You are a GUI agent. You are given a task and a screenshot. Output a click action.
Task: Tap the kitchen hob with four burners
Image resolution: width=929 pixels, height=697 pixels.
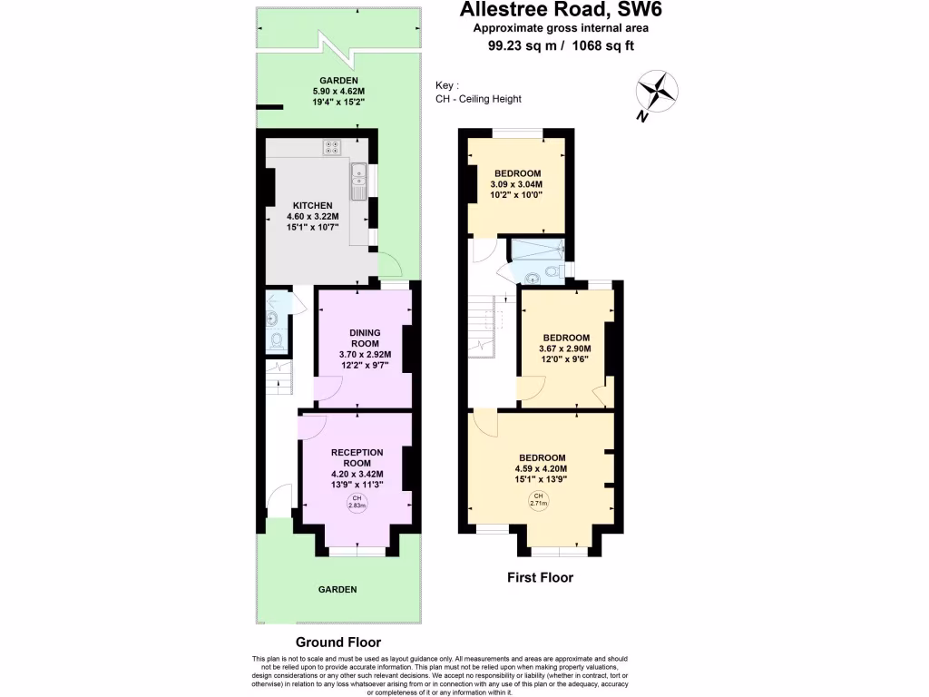click(x=331, y=147)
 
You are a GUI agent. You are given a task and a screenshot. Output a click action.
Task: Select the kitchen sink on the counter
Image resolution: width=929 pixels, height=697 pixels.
click(x=359, y=182)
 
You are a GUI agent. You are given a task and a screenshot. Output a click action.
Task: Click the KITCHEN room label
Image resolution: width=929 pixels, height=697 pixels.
click(x=312, y=205)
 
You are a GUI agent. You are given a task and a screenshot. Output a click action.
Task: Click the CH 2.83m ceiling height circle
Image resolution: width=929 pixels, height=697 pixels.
click(x=357, y=503)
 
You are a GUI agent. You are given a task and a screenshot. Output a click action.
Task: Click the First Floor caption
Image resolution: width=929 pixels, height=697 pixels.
click(x=539, y=577)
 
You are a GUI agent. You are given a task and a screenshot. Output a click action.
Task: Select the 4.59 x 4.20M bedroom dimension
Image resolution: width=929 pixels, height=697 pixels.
click(x=542, y=468)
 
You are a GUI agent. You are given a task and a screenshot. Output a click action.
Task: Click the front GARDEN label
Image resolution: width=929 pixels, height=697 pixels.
click(x=337, y=589)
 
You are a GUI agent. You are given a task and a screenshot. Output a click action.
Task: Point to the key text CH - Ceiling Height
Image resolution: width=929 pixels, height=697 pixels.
click(x=478, y=99)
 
